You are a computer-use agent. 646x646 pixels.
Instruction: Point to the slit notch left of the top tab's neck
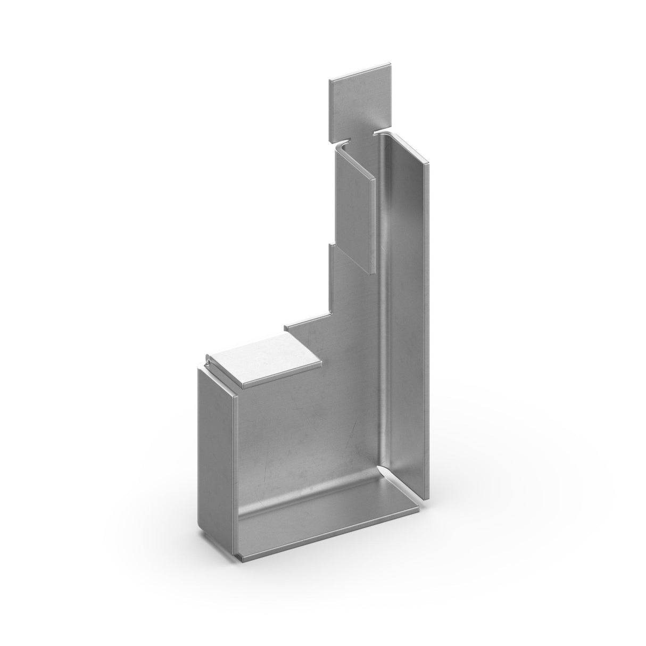coord(345,143)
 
